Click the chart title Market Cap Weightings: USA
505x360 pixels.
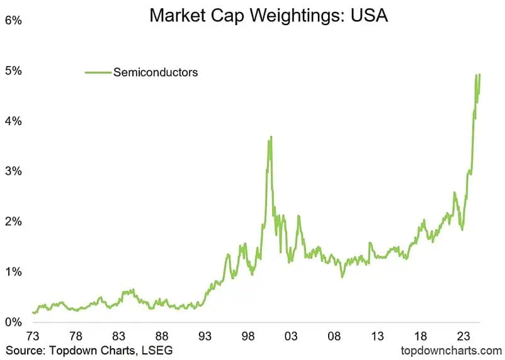(x=268, y=14)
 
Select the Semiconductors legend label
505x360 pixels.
(x=156, y=72)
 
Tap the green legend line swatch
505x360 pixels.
(x=98, y=72)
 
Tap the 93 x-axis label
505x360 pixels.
(x=205, y=336)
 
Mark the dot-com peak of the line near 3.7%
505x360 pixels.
(x=271, y=137)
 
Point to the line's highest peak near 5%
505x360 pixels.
(x=479, y=74)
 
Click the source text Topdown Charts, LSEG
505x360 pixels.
(x=89, y=349)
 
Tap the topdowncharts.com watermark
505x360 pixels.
(x=451, y=349)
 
